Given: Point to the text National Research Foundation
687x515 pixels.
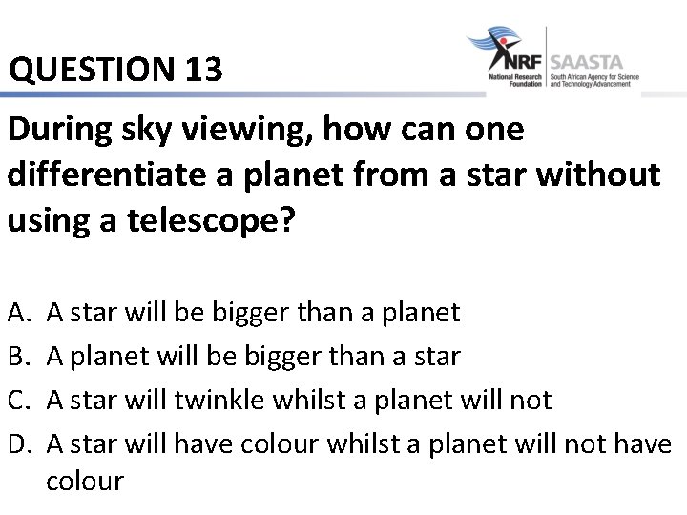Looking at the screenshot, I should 515,80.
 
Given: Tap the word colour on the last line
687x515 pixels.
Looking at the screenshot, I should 85,481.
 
